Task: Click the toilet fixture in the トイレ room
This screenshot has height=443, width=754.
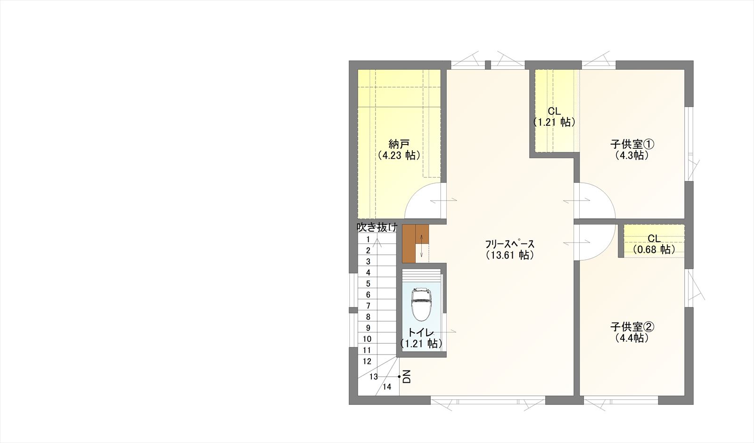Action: [421, 304]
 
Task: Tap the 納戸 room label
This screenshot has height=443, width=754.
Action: [399, 144]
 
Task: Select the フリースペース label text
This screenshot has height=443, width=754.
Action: [509, 244]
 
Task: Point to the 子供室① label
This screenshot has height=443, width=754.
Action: [632, 145]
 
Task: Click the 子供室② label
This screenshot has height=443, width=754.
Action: [632, 327]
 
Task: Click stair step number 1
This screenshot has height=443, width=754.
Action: [368, 240]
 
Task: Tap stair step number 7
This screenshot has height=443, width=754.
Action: [368, 306]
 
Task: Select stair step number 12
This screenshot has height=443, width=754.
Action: [367, 361]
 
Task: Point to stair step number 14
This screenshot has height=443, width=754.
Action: [387, 387]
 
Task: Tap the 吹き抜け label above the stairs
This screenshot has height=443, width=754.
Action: [377, 227]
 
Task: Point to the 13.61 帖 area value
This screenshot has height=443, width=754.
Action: [509, 255]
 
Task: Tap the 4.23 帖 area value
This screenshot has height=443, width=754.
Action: [399, 155]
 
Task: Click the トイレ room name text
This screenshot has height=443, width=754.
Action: [421, 332]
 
